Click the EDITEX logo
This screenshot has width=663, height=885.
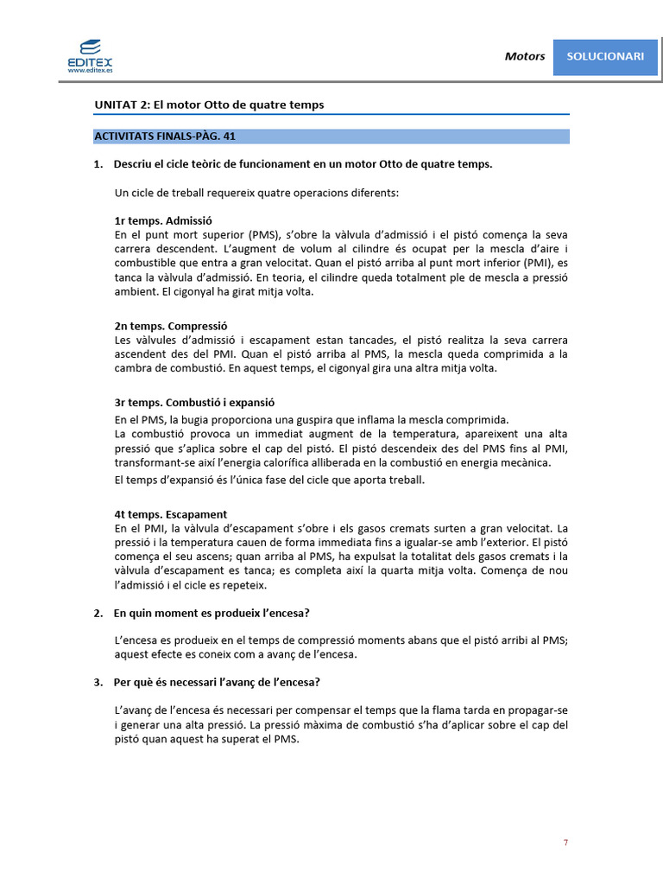click(89, 54)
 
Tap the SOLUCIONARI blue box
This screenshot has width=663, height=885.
click(605, 56)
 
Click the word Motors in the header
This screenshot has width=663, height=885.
click(525, 56)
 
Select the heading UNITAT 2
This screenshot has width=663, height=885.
click(209, 105)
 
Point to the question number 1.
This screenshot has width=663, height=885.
click(98, 164)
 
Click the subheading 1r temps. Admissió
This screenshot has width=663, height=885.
click(163, 220)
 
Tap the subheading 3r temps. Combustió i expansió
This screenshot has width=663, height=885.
click(194, 403)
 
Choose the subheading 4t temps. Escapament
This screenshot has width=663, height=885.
click(170, 514)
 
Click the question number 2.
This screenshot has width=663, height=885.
click(98, 613)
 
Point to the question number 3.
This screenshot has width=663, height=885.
click(98, 682)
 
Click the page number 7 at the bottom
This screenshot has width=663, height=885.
click(565, 843)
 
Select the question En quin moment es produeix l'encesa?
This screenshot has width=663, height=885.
click(212, 613)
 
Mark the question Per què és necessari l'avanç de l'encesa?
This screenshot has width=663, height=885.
click(217, 682)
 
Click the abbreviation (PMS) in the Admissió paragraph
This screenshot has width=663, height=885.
click(249, 234)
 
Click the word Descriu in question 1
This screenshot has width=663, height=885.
click(132, 164)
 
